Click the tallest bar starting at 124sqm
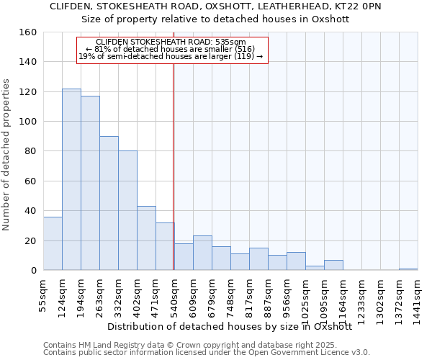click(71, 179)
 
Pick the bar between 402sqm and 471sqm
click(146, 238)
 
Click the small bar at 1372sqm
click(408, 269)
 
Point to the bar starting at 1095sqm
click(333, 265)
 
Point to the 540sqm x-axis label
click(174, 297)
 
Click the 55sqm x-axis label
click(44, 295)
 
